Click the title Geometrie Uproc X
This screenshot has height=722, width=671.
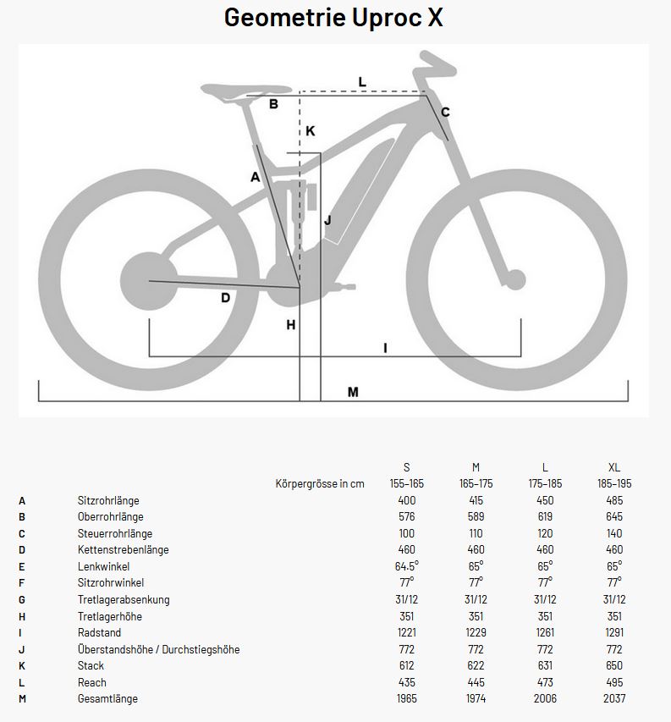tap(333, 18)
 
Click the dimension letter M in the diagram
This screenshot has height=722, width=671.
tap(353, 392)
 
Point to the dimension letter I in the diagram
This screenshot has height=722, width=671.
tap(385, 347)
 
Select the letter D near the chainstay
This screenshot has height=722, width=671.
tap(225, 297)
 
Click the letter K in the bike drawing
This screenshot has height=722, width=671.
tap(311, 130)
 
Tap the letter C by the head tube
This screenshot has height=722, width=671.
tap(445, 112)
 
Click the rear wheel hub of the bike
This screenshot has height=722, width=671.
tap(150, 280)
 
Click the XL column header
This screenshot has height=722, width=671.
tap(614, 467)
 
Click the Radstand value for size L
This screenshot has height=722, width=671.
tap(545, 633)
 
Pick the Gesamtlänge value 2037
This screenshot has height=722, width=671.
tap(614, 699)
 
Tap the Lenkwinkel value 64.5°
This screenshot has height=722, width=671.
tap(406, 566)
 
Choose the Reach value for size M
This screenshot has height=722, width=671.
tap(476, 682)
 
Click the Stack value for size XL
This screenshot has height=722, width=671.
tap(614, 666)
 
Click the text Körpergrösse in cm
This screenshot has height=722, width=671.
tap(320, 484)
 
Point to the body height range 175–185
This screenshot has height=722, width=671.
tap(545, 484)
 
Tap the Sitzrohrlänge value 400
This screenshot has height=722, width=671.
tap(406, 500)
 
